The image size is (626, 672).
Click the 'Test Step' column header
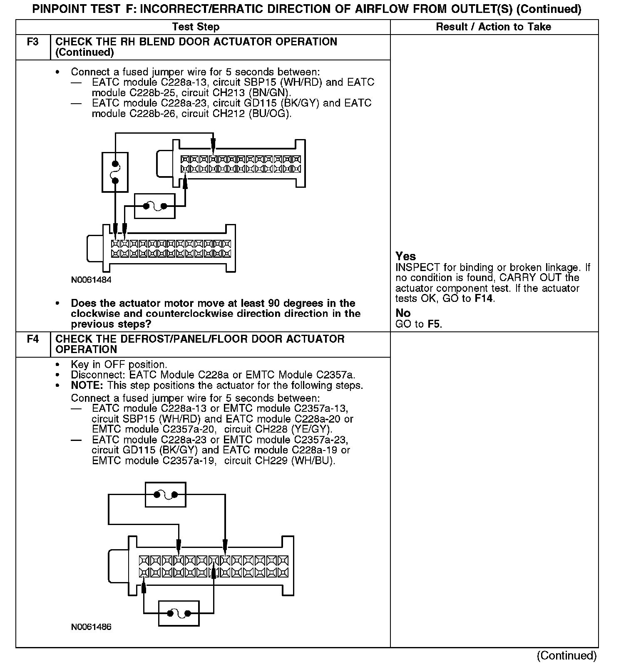pos(196,27)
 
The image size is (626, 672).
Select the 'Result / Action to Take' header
pos(493,27)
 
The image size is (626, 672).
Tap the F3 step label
pos(33,42)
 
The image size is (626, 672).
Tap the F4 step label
pos(33,339)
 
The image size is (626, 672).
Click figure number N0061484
pos(91,280)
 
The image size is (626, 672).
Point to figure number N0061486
pos(91,627)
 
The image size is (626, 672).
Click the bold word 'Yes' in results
pos(405,256)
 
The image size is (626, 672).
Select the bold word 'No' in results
pos(403,313)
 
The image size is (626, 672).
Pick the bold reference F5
pos(434,324)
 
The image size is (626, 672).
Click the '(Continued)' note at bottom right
pos(566,656)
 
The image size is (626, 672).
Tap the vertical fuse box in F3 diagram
pos(115,172)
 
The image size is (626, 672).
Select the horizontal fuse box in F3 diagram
pos(154,206)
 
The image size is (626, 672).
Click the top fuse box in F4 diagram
pos(165,495)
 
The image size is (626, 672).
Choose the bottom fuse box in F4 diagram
pos(179,613)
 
